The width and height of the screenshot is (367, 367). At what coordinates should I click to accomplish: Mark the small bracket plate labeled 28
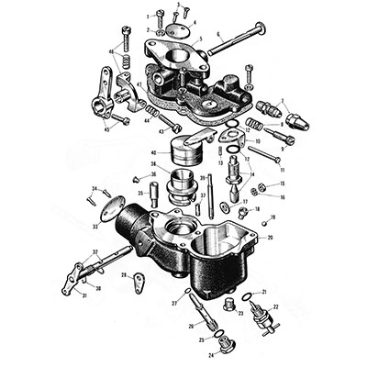(138, 280)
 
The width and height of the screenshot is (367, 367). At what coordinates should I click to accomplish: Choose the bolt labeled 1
(159, 16)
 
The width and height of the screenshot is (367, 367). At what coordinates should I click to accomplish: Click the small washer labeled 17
(243, 199)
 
